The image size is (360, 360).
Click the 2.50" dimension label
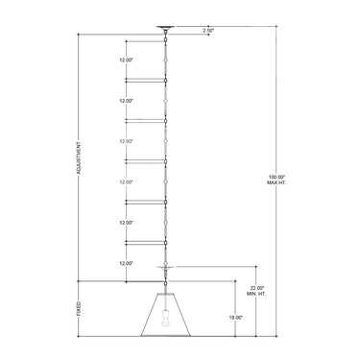pyautogui.click(x=208, y=31)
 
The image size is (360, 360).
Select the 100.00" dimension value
pyautogui.click(x=276, y=177)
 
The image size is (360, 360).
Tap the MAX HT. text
pyautogui.click(x=276, y=182)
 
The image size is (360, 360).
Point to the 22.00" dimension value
pyautogui.click(x=256, y=288)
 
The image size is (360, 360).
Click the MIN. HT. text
pyautogui.click(x=256, y=294)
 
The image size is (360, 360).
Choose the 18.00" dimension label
pyautogui.click(x=236, y=318)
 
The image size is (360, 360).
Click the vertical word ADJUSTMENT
pyautogui.click(x=79, y=158)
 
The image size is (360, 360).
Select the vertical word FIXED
pyautogui.click(x=79, y=309)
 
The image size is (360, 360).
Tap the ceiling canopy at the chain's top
pyautogui.click(x=165, y=28)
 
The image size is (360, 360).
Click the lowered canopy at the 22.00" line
pyautogui.click(x=165, y=267)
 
